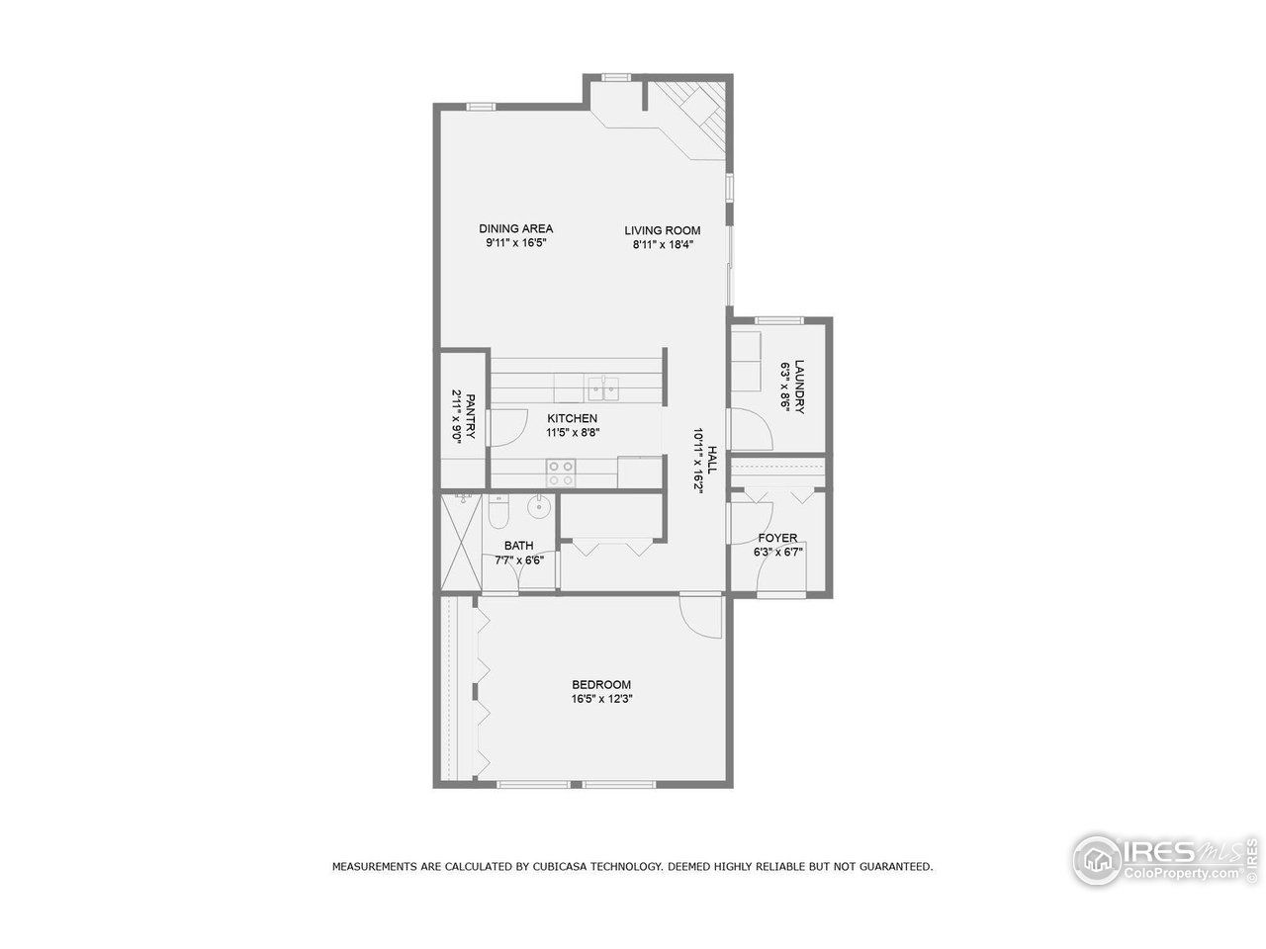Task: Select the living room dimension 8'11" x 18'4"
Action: coord(662,244)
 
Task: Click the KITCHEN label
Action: coord(573,418)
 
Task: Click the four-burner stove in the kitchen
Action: coord(562,474)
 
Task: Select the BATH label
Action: coord(518,546)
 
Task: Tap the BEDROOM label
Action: coord(601,685)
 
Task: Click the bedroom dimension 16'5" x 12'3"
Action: coord(601,699)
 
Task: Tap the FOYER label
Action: coord(777,539)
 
